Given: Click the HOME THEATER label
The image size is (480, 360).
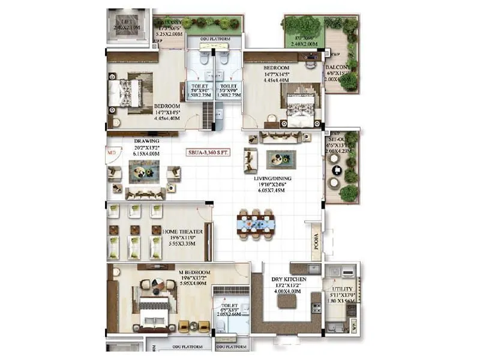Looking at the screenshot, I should point(182,231).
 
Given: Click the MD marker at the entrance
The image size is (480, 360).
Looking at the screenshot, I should point(110,153).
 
